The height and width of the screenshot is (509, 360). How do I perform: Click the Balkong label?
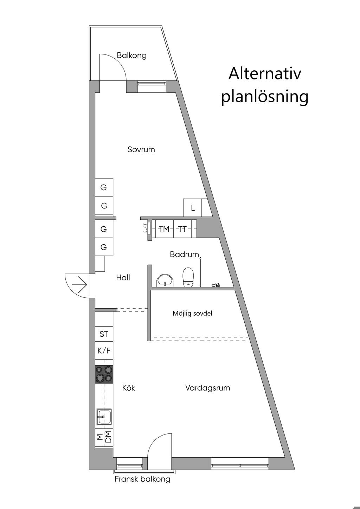point(131,56)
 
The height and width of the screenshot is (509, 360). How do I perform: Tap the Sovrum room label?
point(141,150)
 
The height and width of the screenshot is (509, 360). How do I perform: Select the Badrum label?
point(184,254)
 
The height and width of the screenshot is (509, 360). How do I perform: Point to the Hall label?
point(123,278)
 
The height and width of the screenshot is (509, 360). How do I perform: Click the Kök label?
point(129,388)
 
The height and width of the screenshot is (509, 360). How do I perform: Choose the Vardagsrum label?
point(207,388)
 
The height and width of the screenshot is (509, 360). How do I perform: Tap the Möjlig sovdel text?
point(192,314)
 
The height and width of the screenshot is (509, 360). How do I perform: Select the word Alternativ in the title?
point(265,74)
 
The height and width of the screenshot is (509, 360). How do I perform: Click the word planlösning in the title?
point(265,96)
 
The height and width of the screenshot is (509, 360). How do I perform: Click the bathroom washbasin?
point(165,280)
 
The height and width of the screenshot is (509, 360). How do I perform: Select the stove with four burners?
point(104,374)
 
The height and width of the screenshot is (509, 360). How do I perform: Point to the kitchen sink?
point(104,417)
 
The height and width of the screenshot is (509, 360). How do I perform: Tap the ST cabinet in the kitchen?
point(104,334)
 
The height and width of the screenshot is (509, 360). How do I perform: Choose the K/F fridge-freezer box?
point(104,350)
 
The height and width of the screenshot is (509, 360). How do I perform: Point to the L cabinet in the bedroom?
point(193,208)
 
